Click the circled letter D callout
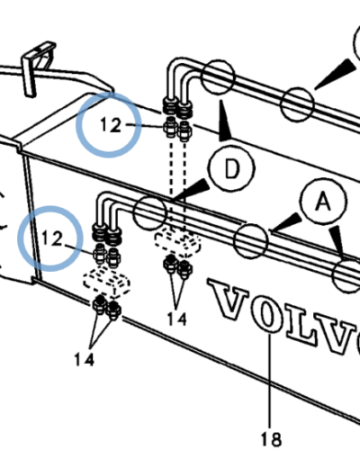[x=232, y=168]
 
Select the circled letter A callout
[x=324, y=201]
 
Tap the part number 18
[x=271, y=439]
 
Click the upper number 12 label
[x=111, y=125]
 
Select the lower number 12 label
[x=52, y=238]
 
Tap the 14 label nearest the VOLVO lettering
[x=176, y=319]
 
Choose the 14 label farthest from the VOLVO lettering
[x=85, y=359]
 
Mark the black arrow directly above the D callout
[x=224, y=121]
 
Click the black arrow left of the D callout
[x=192, y=190]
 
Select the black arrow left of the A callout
[x=285, y=222]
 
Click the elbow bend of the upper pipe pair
[x=177, y=67]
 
